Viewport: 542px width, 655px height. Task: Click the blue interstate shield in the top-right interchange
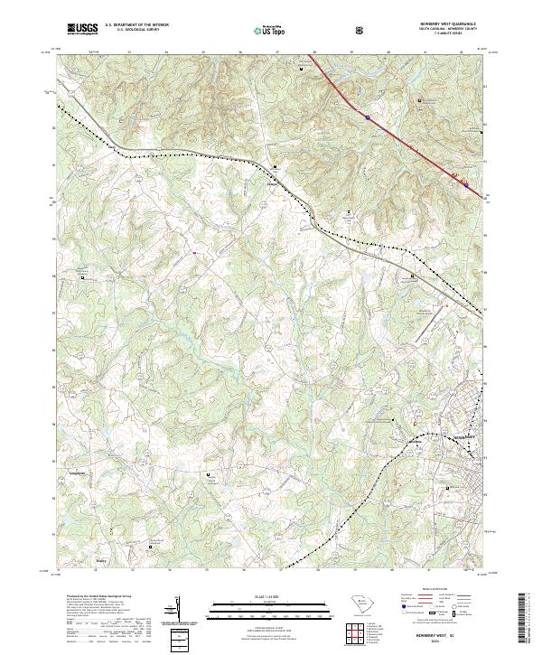coord(369,116)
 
